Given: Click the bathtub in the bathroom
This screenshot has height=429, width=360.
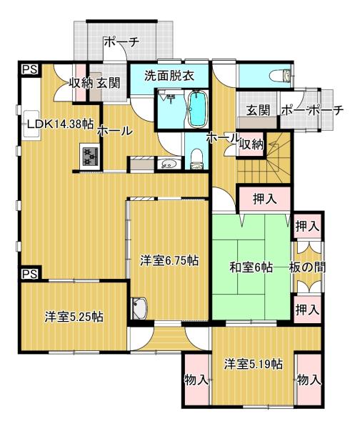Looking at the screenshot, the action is click(197, 109).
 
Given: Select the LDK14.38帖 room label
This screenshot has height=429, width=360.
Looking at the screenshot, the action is click(61, 124).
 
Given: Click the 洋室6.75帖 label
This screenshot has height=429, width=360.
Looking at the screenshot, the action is click(169, 260).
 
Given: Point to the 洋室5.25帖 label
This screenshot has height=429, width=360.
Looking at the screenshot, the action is click(74, 316).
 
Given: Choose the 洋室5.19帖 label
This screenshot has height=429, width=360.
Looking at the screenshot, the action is click(254, 364).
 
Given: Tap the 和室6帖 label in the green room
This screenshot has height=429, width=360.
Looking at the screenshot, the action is click(251, 267).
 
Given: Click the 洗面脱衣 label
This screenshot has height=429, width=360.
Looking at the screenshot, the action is click(169, 76).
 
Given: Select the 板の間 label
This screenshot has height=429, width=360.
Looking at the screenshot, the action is click(307, 267).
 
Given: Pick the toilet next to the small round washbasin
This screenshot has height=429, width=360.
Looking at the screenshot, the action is click(197, 159).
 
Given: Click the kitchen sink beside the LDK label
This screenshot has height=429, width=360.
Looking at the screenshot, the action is click(31, 124).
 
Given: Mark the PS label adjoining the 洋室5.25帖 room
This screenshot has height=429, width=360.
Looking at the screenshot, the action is click(30, 274).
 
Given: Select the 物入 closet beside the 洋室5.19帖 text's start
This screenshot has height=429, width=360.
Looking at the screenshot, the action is click(197, 380).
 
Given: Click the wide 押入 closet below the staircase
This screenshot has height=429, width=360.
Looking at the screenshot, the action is click(264, 199).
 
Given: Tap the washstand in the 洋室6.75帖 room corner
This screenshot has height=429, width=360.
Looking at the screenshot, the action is click(140, 308).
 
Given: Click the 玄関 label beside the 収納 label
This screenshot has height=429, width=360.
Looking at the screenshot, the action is click(109, 83).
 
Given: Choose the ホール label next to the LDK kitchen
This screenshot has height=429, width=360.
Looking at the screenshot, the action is click(115, 131).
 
